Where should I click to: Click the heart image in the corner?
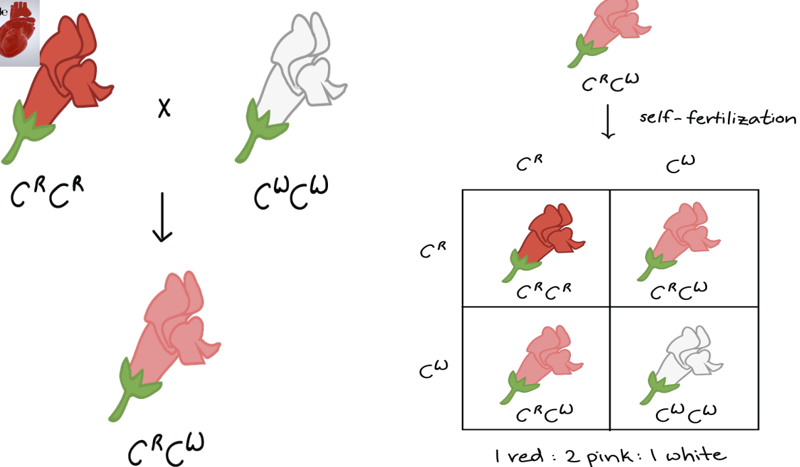19,32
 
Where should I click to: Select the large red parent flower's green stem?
27,135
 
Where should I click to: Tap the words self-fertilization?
716,119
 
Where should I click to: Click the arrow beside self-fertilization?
608,121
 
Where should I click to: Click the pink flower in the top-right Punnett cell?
677,239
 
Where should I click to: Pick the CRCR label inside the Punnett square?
544,292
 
